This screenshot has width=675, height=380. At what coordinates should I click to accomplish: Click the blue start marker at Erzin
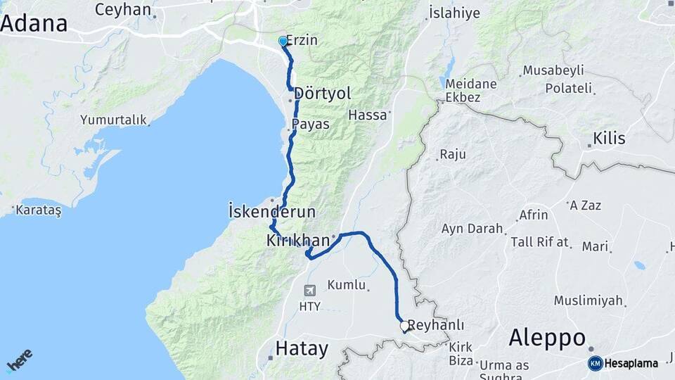click(x=283, y=42)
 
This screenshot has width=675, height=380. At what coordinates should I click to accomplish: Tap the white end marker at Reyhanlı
click(x=404, y=326)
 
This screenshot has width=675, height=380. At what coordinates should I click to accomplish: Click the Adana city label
click(x=34, y=23)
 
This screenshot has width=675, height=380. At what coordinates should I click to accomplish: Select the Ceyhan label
click(x=123, y=10)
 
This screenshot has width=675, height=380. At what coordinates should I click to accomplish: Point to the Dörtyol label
click(x=323, y=93)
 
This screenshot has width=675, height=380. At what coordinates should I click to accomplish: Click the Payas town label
click(x=310, y=124)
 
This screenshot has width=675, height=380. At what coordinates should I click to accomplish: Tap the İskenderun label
click(x=272, y=211)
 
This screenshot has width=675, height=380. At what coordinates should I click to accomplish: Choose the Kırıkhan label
click(x=298, y=241)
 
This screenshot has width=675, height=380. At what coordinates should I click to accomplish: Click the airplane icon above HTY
click(x=310, y=290)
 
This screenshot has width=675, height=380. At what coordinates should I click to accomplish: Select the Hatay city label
click(x=302, y=348)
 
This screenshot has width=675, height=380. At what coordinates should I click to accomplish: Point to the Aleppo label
click(x=547, y=338)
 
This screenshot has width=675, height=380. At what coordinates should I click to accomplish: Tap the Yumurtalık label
click(x=113, y=120)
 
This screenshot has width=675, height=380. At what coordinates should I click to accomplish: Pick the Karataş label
click(x=39, y=210)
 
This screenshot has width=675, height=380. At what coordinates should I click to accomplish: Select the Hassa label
click(x=368, y=115)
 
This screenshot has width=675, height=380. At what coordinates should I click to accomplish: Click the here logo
click(x=19, y=360)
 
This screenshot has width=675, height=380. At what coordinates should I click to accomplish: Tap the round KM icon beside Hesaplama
click(x=595, y=363)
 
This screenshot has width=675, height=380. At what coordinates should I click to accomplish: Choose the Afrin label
click(x=533, y=215)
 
